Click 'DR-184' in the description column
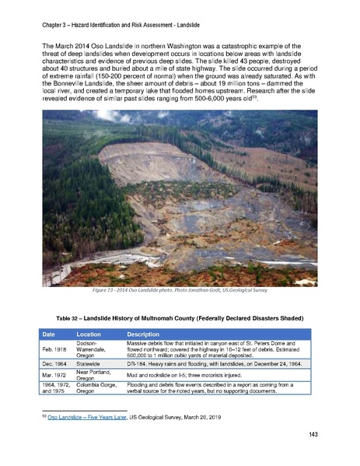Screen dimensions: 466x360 pyautogui.click(x=138, y=364)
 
